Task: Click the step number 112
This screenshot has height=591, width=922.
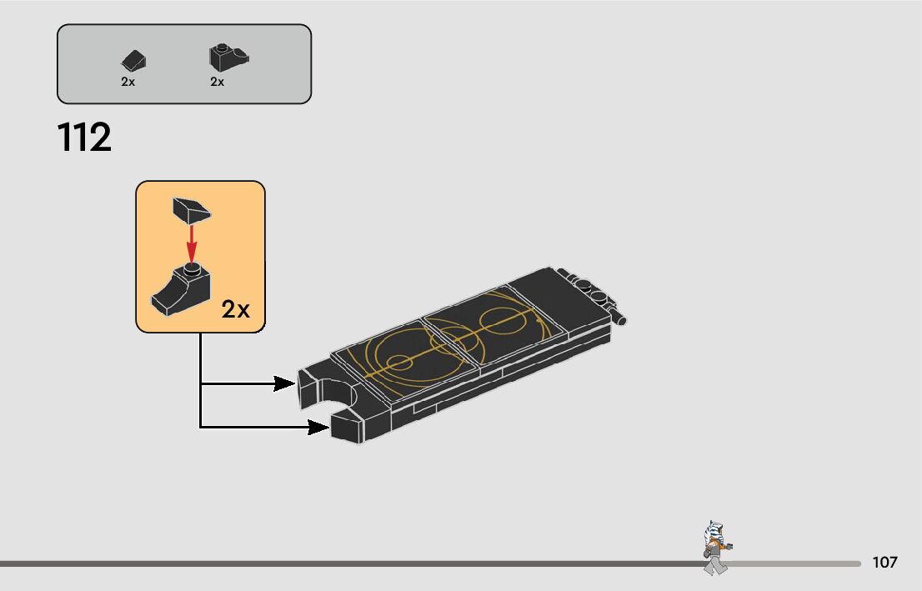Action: (x=84, y=138)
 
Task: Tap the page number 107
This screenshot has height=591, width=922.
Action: (x=884, y=563)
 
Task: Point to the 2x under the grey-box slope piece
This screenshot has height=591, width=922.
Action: (x=128, y=82)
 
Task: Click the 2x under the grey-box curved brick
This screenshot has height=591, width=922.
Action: (x=218, y=82)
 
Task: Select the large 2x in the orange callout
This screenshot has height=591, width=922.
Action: (x=235, y=310)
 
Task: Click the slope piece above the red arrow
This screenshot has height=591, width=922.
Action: (x=190, y=209)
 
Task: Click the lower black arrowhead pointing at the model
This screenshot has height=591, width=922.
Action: (x=318, y=428)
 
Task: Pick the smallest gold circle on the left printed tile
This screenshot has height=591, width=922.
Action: (x=398, y=362)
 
